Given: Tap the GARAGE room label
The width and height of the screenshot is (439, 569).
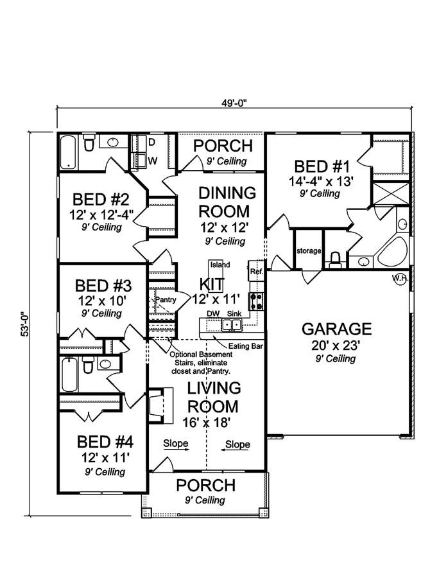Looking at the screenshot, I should point(336,329).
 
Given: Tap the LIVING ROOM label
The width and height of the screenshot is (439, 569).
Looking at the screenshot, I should point(214,397).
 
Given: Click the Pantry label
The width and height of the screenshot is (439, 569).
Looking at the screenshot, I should point(166,299).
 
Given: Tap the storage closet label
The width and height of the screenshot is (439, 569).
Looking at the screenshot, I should point(308,250).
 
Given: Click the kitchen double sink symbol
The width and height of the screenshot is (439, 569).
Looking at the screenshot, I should point(232,325).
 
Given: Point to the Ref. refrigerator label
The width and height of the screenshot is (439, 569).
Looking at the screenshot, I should point(256,272).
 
